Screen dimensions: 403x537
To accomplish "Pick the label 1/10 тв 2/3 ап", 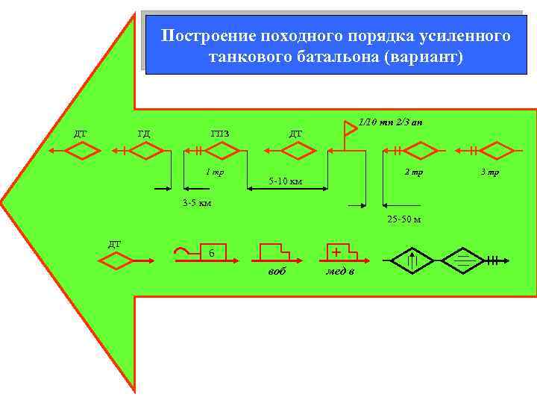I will click(x=390, y=122).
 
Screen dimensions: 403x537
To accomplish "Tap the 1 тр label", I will click(x=215, y=172).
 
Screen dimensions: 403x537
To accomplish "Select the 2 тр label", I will click(x=412, y=172).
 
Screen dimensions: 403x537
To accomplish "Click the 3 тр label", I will click(x=490, y=172).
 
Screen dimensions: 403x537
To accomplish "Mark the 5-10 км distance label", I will click(x=285, y=181).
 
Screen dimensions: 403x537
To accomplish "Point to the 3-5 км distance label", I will click(x=197, y=204).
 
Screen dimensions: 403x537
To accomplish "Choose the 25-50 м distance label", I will click(x=403, y=219).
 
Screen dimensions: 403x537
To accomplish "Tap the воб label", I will click(x=276, y=271).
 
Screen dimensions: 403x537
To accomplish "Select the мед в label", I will click(x=341, y=271).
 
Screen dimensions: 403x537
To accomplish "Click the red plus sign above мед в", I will click(x=337, y=251).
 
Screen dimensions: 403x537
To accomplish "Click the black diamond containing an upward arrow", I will click(x=412, y=260).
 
